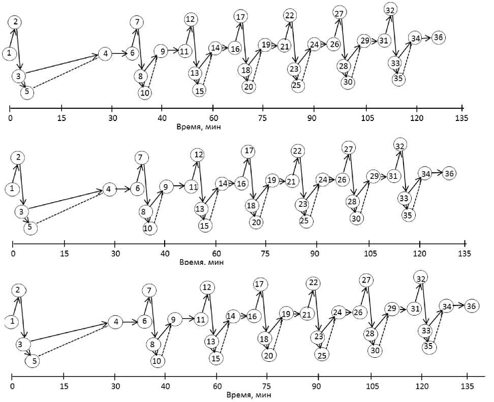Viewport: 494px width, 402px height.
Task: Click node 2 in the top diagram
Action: point(16,22)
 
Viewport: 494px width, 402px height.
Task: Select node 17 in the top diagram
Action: point(240,16)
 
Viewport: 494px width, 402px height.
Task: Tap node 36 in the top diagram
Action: point(439,38)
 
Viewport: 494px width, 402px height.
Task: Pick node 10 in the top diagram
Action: point(145,92)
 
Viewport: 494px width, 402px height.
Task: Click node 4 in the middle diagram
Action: point(108,189)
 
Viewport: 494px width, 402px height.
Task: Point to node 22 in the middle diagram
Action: point(297,150)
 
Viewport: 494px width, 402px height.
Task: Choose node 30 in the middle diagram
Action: point(356,218)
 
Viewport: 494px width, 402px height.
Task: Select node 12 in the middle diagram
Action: point(197,154)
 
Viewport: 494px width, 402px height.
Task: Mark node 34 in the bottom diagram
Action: point(447,306)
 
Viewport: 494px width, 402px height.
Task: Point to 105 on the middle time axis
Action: point(369,254)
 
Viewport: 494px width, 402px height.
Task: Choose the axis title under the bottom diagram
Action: point(249,394)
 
